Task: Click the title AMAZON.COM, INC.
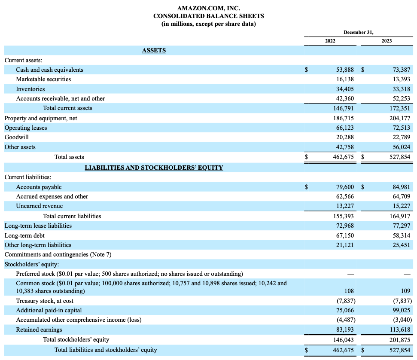pos(208,8)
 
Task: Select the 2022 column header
pos(330,41)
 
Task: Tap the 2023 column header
pos(386,41)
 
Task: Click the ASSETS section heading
pos(154,51)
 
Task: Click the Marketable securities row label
pos(43,79)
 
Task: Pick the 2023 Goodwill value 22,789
pos(399,137)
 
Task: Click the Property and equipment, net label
pos(41,118)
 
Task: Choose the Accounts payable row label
pos(39,187)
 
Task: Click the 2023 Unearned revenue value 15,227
pos(399,206)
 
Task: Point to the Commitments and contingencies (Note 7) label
pos(58,254)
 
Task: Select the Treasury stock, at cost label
pos(45,301)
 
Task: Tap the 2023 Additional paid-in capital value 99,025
pos(399,310)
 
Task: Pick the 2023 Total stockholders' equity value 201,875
pos(398,340)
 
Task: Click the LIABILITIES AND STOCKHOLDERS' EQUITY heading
pos(154,168)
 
